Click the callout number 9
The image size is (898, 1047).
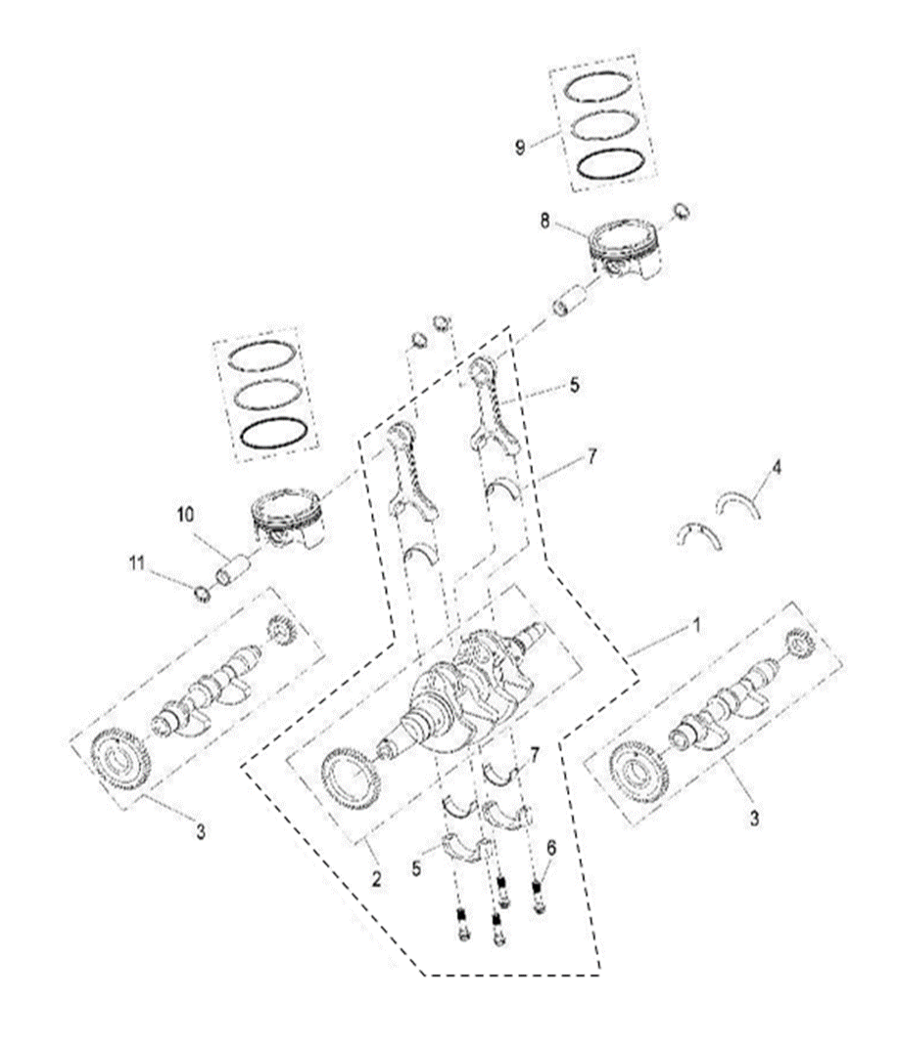(x=520, y=147)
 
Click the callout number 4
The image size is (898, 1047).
(x=777, y=468)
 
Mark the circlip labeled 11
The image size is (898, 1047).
(x=203, y=593)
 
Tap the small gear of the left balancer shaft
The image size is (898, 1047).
(x=281, y=632)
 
